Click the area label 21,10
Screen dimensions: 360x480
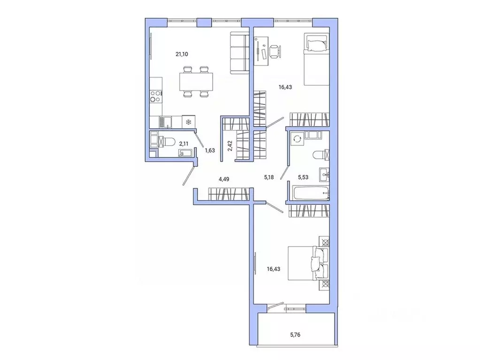tap(182, 54)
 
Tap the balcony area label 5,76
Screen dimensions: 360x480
tap(296, 335)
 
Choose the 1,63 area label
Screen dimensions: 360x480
tap(209, 150)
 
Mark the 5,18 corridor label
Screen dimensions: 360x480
tap(269, 178)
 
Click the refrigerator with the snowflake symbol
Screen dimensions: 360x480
tap(188, 122)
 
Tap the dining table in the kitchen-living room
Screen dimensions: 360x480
tap(196, 82)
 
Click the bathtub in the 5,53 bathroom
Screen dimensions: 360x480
tap(308, 193)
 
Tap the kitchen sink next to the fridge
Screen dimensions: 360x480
tap(165, 122)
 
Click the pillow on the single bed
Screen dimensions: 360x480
tap(316, 45)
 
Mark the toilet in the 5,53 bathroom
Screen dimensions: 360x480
tap(321, 154)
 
